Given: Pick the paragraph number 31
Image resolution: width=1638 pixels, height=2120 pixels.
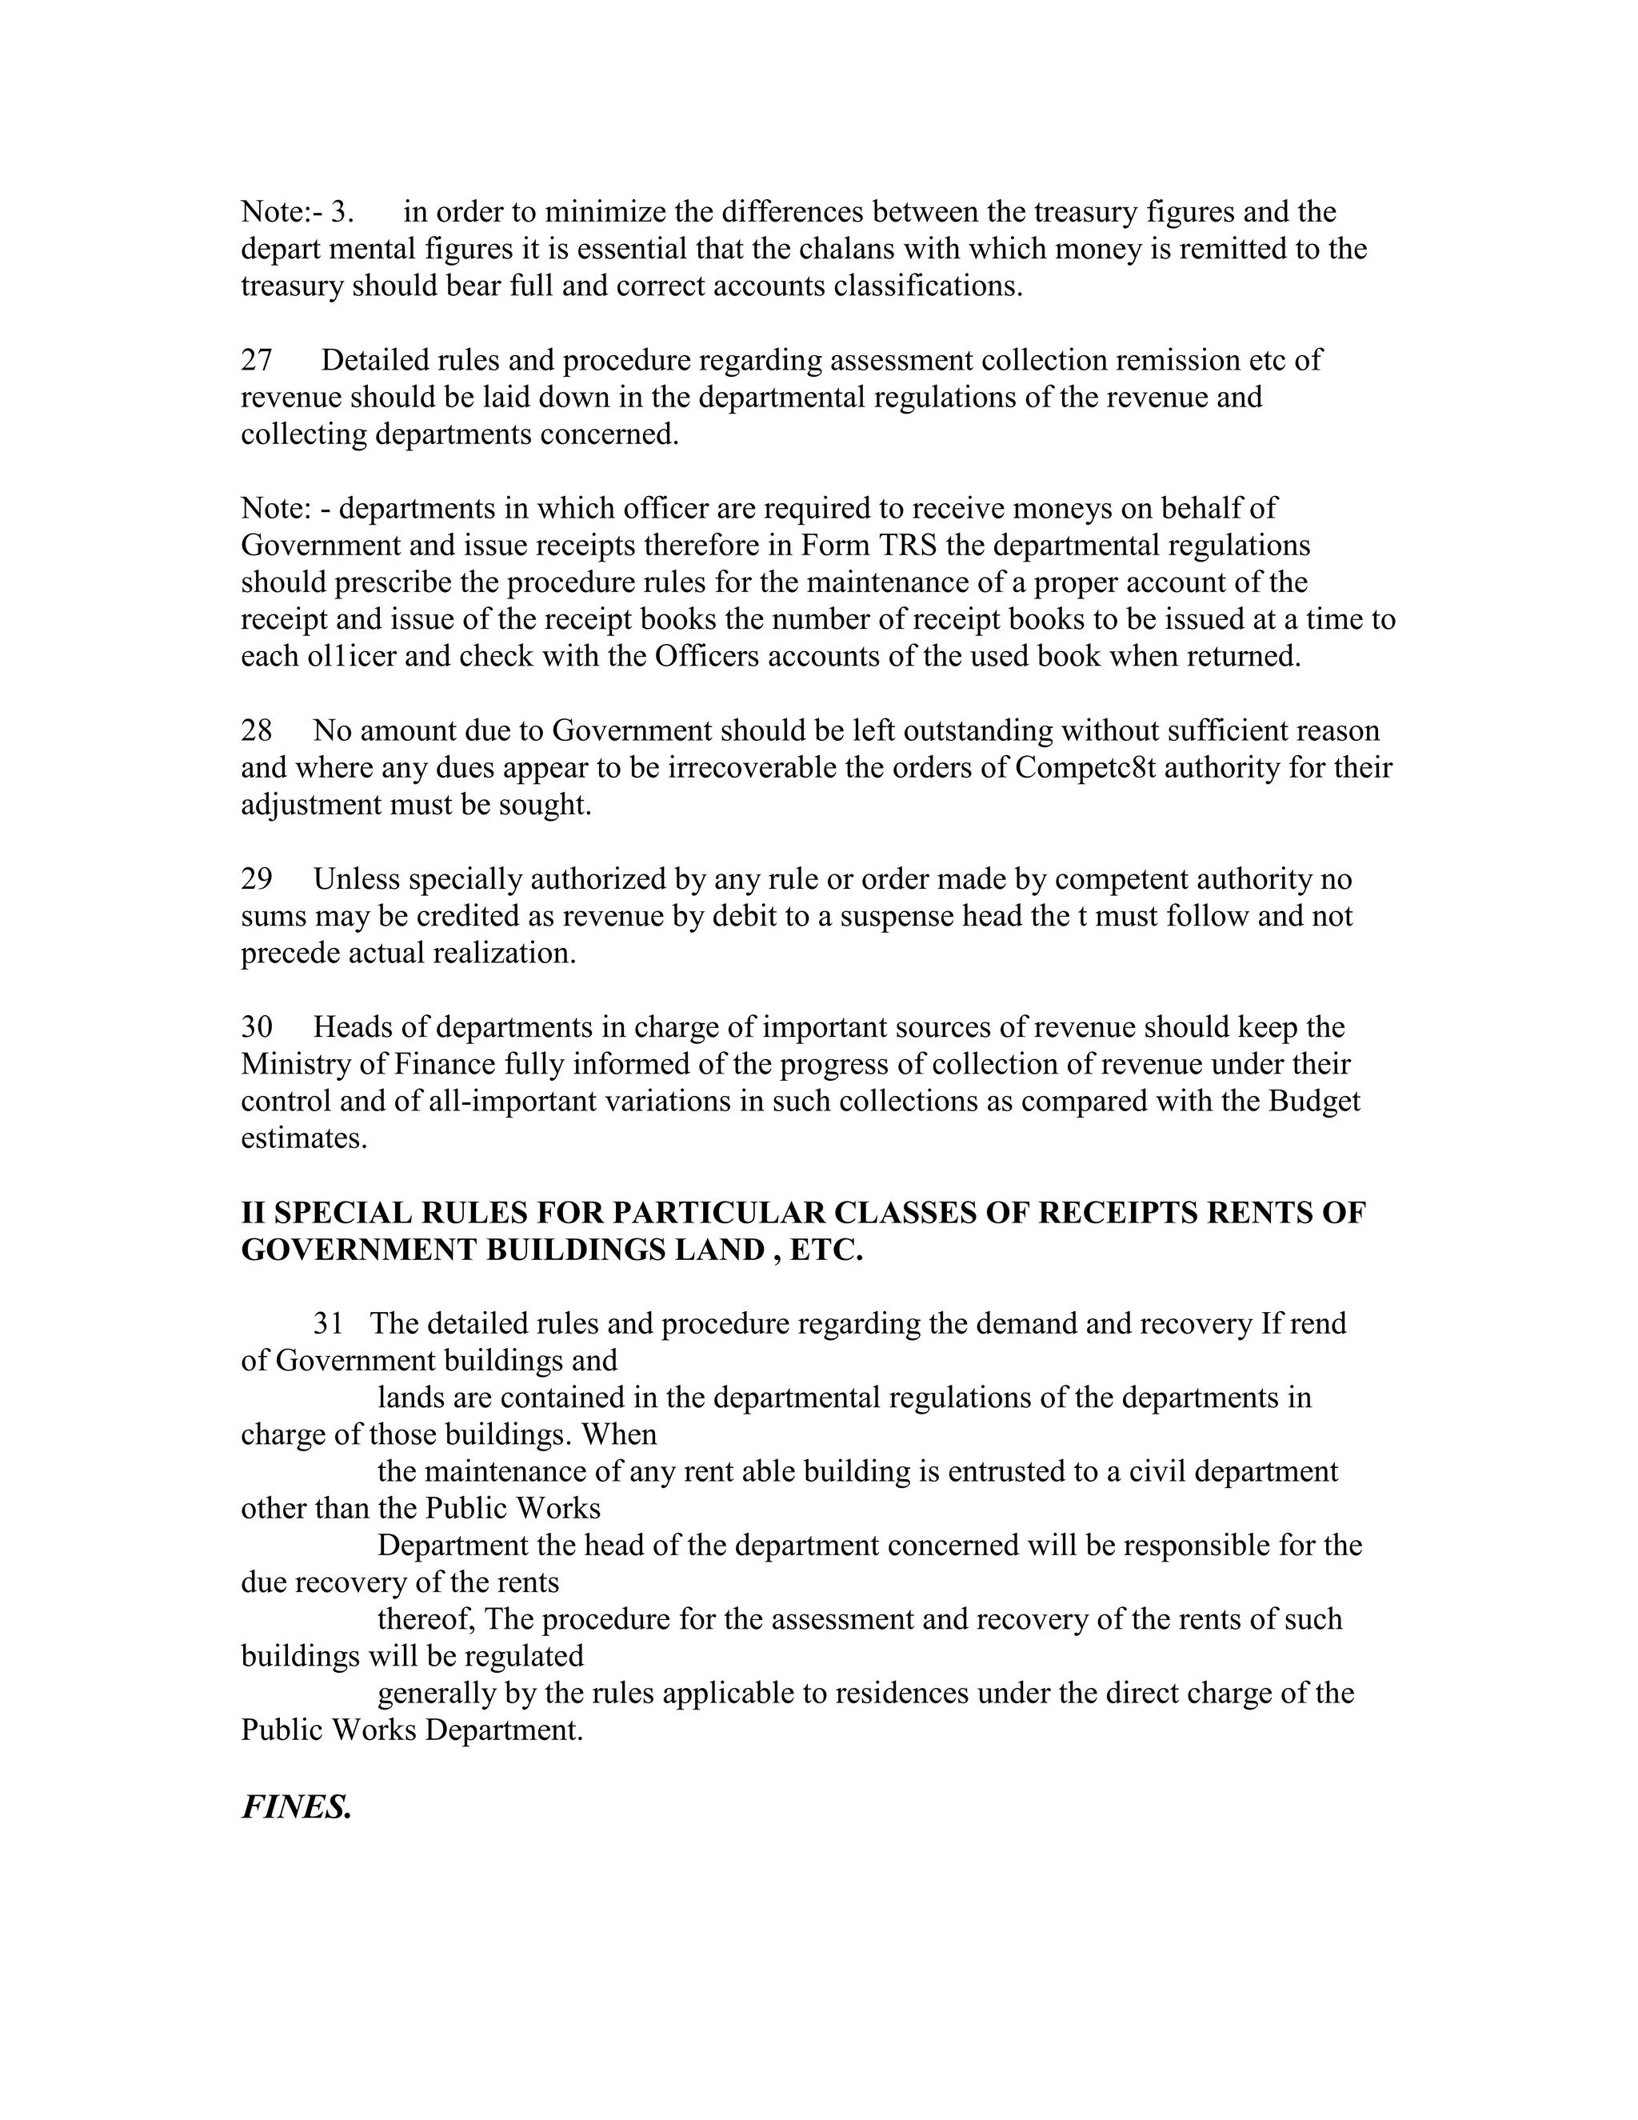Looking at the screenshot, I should pos(328,1323).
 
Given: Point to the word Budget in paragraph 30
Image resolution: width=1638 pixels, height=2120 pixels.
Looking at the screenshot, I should pos(1314,1101).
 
